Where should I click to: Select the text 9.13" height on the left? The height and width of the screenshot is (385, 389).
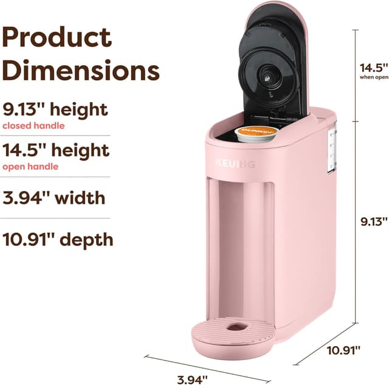(55, 110)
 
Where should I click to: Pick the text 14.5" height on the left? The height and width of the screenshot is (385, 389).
(56, 150)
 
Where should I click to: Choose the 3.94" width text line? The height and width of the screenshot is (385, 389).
(54, 198)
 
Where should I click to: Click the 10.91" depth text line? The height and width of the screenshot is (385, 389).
(58, 239)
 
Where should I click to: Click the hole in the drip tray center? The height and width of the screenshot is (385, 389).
(234, 327)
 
